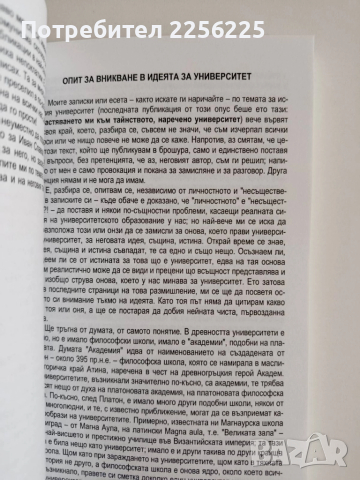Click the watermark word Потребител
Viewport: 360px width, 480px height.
click(x=102, y=21)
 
